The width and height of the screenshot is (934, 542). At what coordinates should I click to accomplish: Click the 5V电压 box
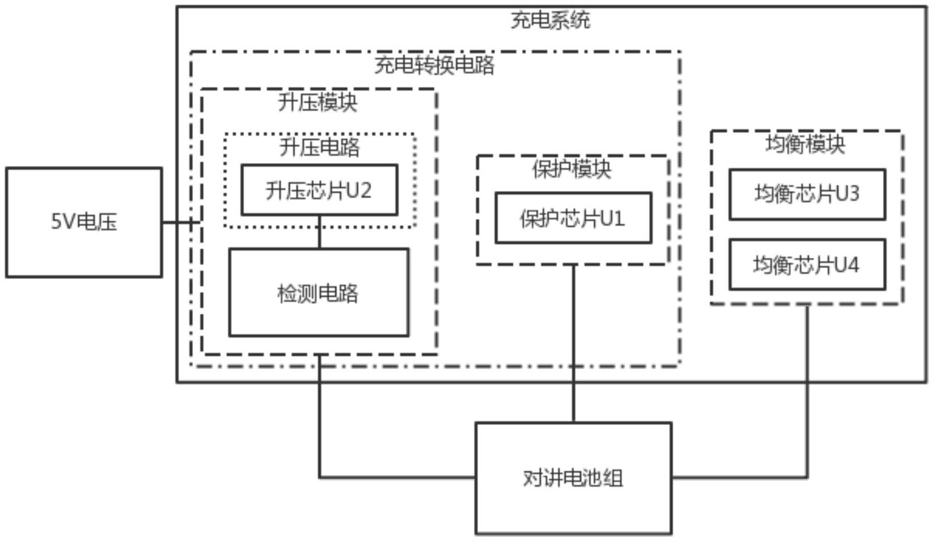84,222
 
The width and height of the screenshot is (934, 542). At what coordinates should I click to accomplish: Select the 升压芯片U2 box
319,190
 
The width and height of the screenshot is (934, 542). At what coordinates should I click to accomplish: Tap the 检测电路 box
319,293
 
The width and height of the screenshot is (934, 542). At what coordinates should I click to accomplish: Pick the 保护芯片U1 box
573,218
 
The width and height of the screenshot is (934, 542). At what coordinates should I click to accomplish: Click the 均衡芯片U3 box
807,194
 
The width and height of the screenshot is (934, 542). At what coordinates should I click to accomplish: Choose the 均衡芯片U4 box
807,265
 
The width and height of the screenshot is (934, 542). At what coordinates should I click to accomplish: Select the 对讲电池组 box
573,478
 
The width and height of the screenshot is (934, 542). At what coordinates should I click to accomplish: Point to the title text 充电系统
550,20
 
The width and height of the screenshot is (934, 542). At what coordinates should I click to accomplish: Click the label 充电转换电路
434,65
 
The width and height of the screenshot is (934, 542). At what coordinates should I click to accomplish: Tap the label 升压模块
318,102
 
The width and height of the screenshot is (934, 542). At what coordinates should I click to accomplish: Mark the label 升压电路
319,147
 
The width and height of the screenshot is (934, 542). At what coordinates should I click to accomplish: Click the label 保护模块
572,169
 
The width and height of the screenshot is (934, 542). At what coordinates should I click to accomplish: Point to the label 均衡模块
805,144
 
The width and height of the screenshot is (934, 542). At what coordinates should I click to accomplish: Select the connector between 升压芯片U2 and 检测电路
319,232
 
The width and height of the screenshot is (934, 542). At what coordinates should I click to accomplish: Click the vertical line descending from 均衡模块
807,392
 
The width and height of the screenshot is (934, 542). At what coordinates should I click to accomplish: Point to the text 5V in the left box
62,222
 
